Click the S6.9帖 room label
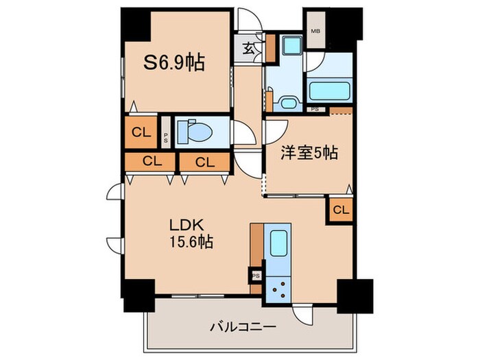point(173,64)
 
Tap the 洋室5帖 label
point(307,155)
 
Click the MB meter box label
point(315,31)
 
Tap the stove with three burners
point(278,287)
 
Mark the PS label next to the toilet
point(165,134)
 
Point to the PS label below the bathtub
point(314,109)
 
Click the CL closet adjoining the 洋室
point(341,210)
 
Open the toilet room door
point(241,132)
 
